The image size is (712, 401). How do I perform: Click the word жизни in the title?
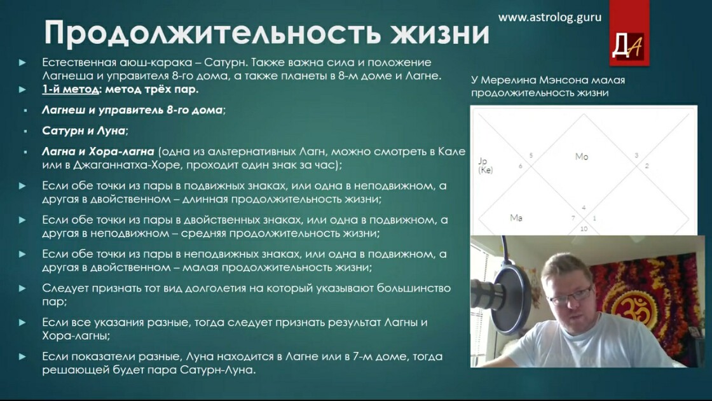440,33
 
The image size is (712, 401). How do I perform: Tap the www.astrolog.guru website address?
549,17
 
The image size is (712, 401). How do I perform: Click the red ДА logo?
629,33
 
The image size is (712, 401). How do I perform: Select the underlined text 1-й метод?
71,89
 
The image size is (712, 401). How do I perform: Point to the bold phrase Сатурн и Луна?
83,130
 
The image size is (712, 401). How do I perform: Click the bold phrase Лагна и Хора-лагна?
98,151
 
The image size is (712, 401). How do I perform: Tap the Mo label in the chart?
581,157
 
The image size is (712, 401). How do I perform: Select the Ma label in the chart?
516,218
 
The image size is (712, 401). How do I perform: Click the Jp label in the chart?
483,161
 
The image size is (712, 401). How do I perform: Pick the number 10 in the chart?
584,229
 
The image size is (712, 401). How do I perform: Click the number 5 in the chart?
531,155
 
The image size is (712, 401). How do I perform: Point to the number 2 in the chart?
647,165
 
